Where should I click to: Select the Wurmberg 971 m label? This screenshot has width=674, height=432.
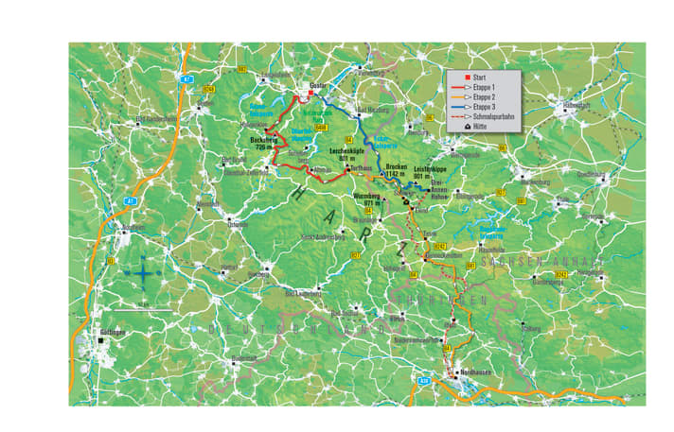[366, 199]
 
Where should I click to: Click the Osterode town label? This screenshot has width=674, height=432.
[237, 224]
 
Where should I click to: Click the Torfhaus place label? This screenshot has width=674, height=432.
[357, 168]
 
